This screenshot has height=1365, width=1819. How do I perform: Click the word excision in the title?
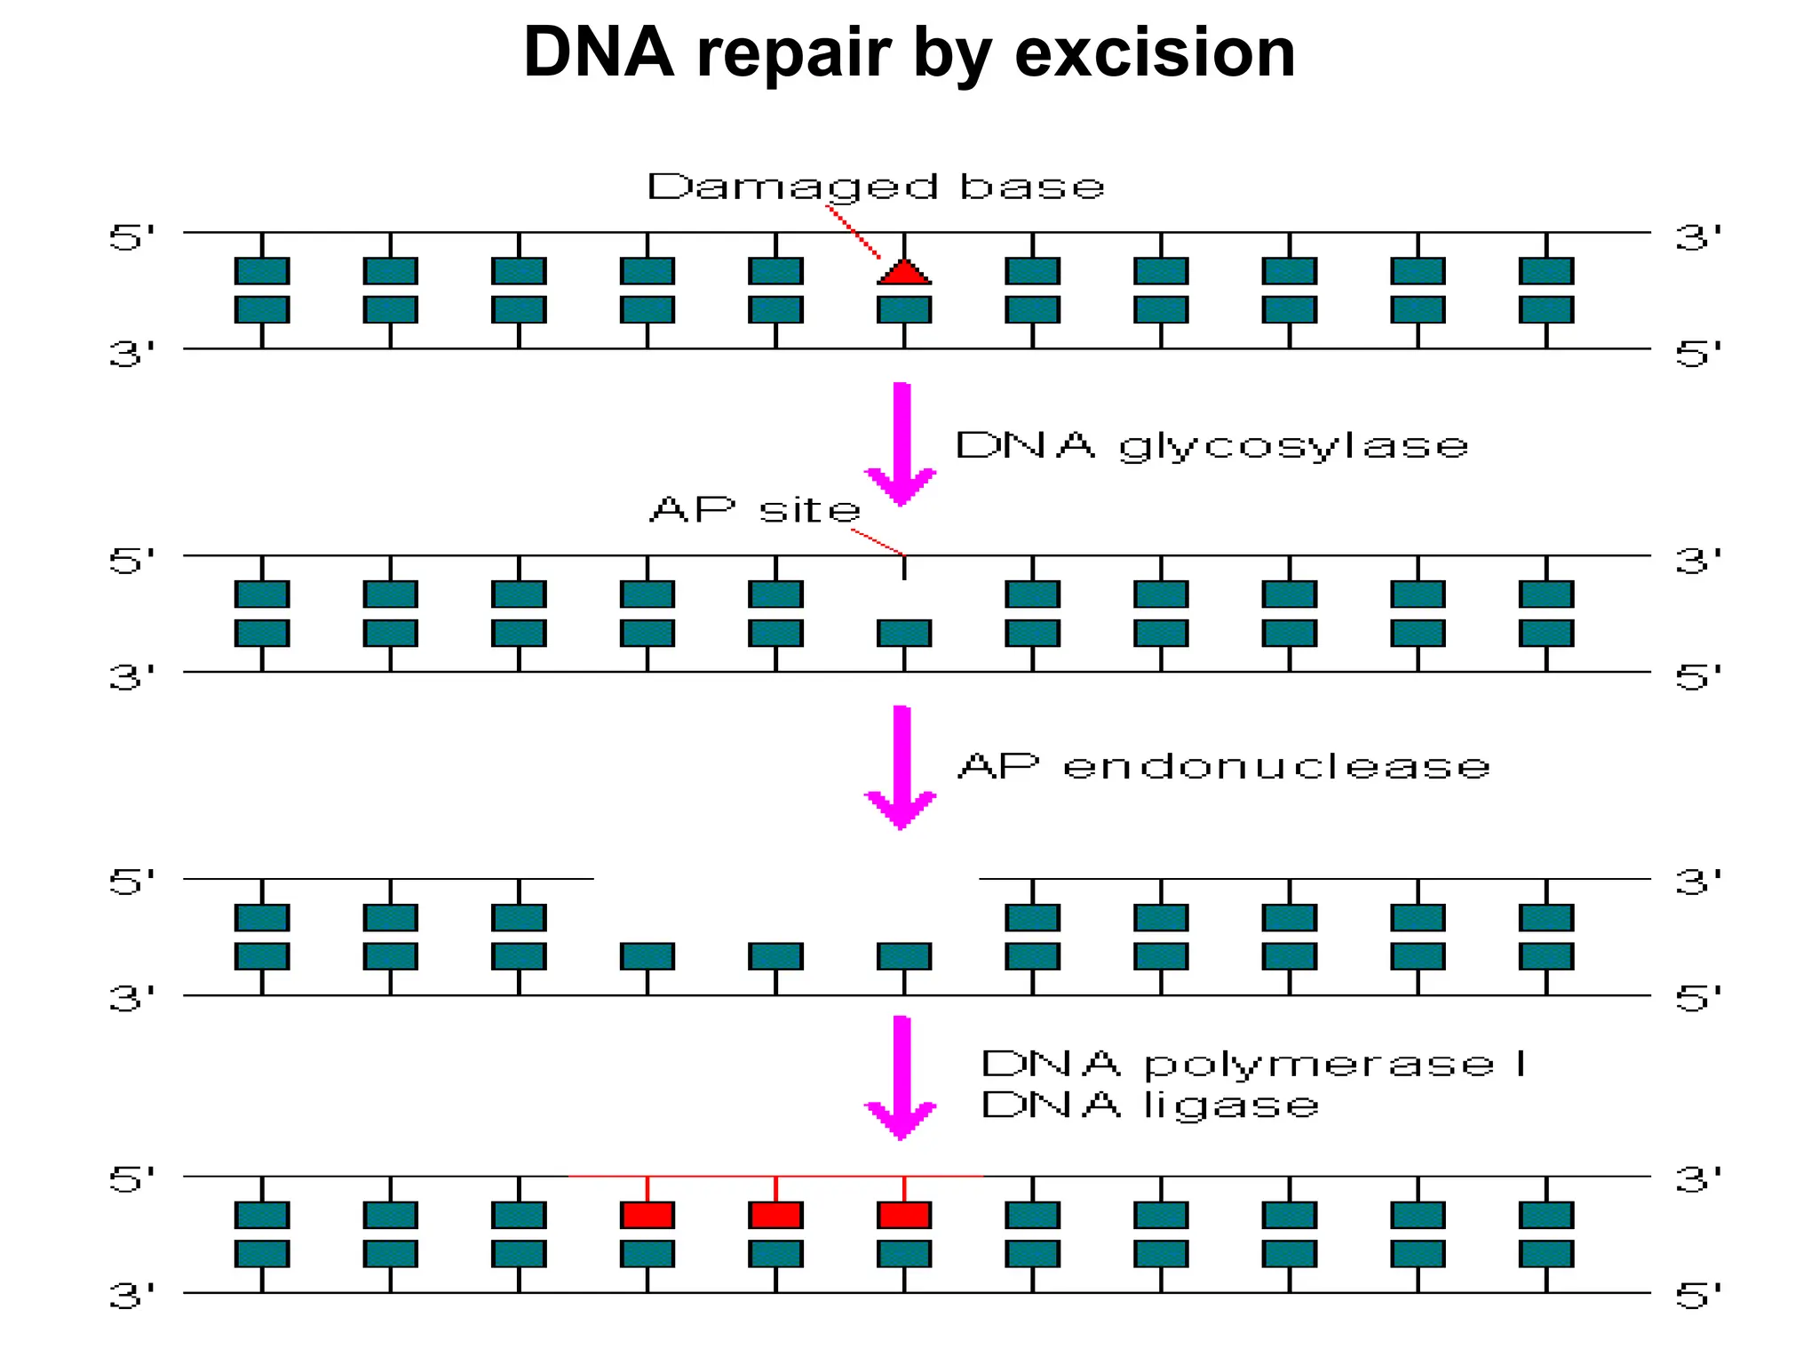[1155, 53]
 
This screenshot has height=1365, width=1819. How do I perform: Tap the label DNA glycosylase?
[1211, 445]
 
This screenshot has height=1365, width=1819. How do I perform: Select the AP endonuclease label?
[1224, 766]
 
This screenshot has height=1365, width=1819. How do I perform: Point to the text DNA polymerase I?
[1253, 1064]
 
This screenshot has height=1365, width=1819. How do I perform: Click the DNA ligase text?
[1149, 1106]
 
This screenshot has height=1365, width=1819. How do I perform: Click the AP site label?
[756, 510]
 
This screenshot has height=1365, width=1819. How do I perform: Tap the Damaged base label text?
[876, 188]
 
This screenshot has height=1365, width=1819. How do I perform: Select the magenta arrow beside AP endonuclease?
[902, 766]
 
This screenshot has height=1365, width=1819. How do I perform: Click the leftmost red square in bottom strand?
[647, 1215]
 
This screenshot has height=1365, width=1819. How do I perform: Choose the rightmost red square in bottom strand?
[904, 1215]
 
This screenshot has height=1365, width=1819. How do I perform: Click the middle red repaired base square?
[776, 1215]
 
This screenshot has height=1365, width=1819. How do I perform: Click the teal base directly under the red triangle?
[904, 309]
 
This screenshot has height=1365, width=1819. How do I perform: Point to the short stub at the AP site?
[904, 568]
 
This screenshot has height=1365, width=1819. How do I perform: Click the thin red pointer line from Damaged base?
[854, 232]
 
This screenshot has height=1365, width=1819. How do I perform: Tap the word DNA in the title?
[599, 53]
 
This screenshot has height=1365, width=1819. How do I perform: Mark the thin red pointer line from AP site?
[878, 542]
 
